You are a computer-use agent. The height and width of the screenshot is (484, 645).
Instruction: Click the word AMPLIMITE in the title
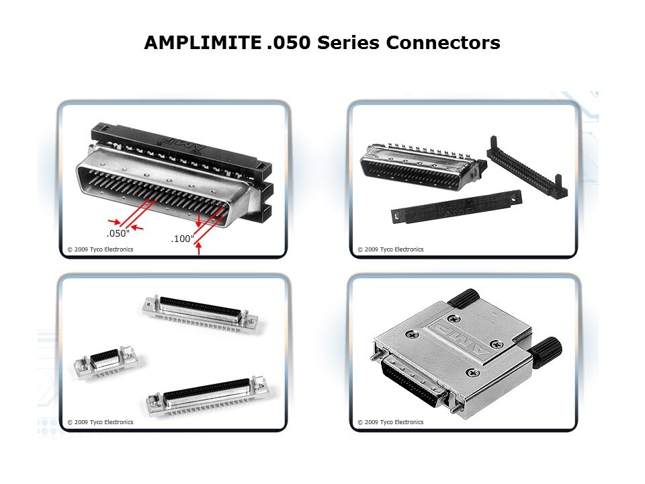pos(201,43)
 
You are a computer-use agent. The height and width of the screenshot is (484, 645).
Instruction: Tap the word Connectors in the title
pos(443,43)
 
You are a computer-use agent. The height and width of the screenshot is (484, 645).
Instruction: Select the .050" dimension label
pos(118,233)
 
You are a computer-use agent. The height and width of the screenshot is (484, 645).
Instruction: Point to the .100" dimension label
pos(183,239)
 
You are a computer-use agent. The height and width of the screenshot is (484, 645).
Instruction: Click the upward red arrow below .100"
pos(199,250)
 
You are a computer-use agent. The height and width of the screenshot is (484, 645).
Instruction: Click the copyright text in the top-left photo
pos(100,249)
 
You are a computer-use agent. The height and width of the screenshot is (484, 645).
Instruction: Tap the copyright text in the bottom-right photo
pos(390,422)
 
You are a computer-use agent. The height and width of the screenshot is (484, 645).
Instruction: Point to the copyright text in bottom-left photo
pos(100,422)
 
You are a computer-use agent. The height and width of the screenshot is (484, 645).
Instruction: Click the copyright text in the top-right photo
pos(390,249)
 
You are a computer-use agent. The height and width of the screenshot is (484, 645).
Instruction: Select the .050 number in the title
pos(288,43)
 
